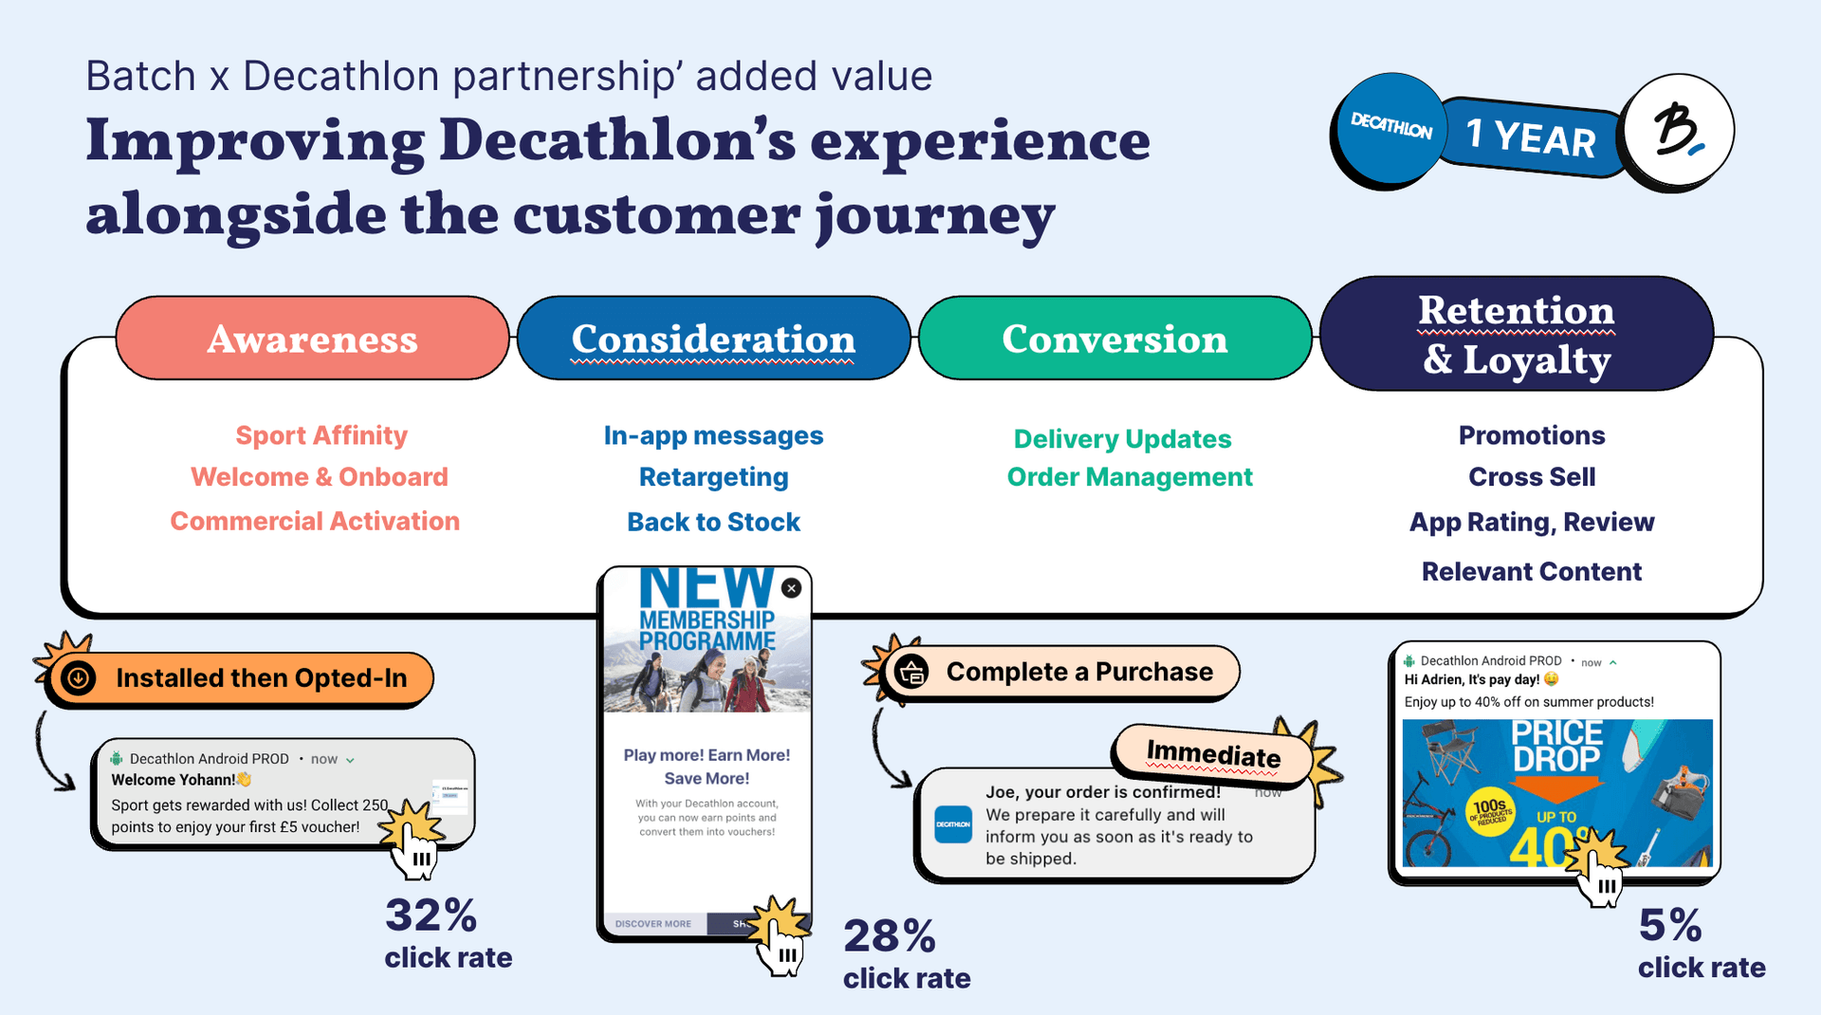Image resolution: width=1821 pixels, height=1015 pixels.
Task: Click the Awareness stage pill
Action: click(312, 339)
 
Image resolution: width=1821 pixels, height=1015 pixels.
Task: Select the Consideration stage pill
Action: click(713, 339)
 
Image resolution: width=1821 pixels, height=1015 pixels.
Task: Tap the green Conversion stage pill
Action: click(1114, 339)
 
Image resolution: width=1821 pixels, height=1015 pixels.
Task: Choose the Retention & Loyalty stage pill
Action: click(1516, 334)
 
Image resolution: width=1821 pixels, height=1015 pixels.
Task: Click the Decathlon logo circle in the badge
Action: click(1390, 128)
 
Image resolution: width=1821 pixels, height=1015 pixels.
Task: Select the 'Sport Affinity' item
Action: click(322, 435)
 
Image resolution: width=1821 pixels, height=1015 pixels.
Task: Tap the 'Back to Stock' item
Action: click(713, 522)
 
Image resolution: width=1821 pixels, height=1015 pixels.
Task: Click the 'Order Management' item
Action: click(1130, 477)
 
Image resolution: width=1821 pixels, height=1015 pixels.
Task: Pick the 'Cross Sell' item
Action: click(1532, 477)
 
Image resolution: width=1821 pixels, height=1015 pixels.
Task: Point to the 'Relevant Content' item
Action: click(1532, 571)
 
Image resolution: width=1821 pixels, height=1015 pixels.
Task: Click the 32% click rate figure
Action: click(432, 916)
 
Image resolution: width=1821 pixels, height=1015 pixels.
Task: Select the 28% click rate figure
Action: click(890, 937)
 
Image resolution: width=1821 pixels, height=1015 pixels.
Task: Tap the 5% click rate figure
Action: click(1670, 926)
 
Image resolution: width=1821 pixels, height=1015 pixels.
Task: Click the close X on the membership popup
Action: click(792, 588)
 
